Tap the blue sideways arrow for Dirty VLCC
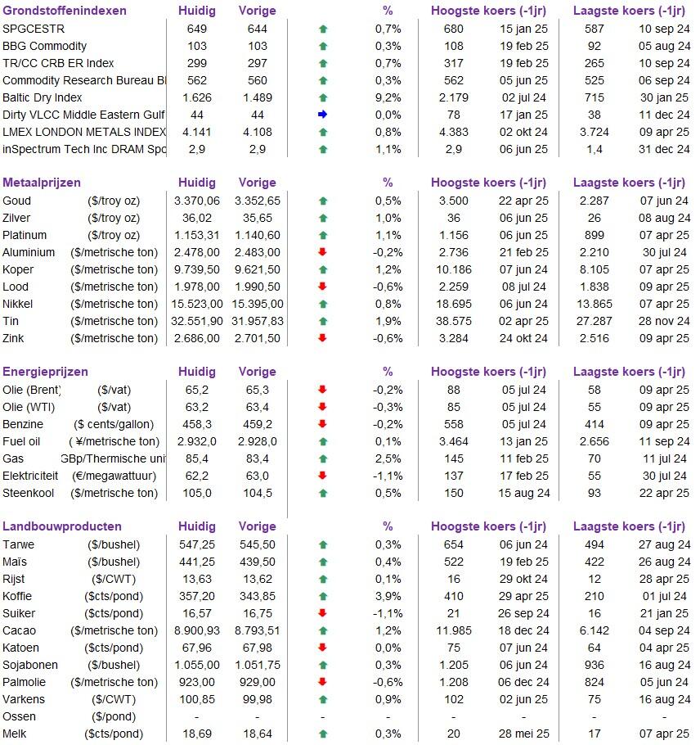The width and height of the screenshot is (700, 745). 322,115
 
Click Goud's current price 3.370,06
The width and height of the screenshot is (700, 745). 197,201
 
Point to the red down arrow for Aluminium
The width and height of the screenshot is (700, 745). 322,252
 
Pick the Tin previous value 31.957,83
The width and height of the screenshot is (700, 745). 256,321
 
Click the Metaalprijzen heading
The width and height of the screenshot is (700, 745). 42,183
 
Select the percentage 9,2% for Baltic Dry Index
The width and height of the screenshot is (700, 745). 388,97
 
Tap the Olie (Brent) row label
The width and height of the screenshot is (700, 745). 32,390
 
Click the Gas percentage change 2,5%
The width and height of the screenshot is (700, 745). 388,458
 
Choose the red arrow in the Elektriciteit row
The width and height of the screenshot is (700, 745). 322,476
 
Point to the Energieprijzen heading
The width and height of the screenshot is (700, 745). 45,372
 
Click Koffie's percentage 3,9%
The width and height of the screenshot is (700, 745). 388,596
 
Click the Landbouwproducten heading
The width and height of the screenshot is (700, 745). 62,526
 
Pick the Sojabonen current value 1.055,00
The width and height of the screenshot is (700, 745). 197,665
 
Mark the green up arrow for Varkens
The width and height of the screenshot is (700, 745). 322,699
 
